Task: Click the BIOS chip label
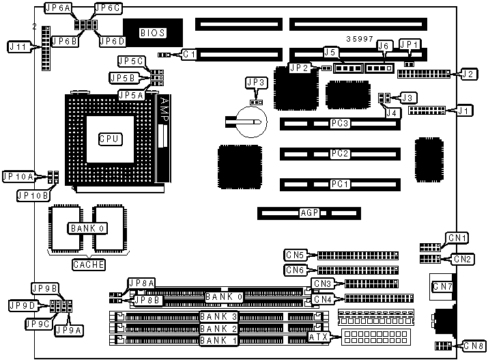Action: (x=152, y=32)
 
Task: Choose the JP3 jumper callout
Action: (x=256, y=83)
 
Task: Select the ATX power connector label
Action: (x=319, y=337)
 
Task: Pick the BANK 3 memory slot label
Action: (x=219, y=316)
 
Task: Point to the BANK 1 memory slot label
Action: (x=219, y=340)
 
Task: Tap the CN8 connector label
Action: (x=473, y=346)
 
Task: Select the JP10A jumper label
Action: (x=18, y=177)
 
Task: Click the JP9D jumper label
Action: (x=20, y=305)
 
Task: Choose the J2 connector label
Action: (x=468, y=74)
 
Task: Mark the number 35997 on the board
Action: (x=360, y=40)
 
